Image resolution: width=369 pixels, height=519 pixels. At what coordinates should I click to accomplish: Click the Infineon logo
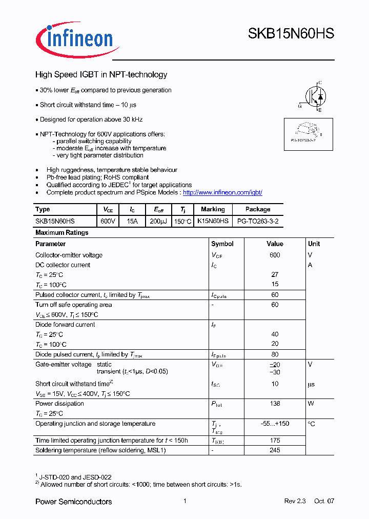[77, 38]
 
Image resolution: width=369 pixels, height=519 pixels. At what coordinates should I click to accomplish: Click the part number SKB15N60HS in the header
[291, 34]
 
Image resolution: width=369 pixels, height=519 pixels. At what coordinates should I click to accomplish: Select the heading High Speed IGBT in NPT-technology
[101, 75]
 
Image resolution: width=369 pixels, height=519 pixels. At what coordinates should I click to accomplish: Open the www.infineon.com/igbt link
[222, 192]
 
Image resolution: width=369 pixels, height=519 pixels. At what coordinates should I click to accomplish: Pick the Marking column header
[213, 209]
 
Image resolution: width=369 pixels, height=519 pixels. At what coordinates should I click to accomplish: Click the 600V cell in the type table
[108, 221]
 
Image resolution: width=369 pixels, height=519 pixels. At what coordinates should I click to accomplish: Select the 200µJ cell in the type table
[158, 221]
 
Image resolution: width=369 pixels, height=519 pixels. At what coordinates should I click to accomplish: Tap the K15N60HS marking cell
[213, 221]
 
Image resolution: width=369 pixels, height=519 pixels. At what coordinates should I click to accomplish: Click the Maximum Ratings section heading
[62, 233]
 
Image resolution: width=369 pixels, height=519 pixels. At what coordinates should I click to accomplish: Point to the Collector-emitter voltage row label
[69, 255]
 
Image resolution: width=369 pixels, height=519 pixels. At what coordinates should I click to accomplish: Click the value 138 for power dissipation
[275, 404]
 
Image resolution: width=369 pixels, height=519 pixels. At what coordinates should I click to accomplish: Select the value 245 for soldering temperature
[275, 450]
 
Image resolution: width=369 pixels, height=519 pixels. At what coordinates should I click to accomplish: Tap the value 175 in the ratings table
[275, 441]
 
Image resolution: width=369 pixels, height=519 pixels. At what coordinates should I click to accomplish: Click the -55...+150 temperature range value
[275, 424]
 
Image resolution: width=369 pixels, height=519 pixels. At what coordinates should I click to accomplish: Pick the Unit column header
[314, 244]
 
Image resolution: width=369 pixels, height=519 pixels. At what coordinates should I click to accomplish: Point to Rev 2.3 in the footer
[295, 501]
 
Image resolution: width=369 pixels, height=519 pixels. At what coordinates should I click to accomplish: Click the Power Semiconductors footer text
[73, 502]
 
